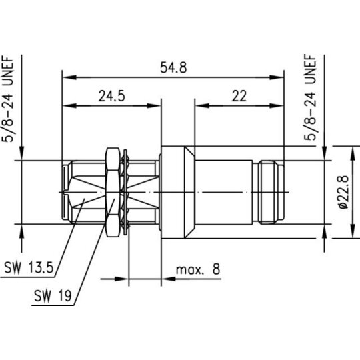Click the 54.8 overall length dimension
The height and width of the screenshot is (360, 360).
coord(173,68)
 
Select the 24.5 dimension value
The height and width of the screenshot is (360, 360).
coord(112,96)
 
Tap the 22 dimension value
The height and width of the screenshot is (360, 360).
coord(239,96)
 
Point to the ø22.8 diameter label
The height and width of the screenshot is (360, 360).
coord(344,192)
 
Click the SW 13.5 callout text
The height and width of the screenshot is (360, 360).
coord(29,268)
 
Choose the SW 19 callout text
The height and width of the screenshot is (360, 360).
coord(53,295)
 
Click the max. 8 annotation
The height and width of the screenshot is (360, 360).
coord(198,269)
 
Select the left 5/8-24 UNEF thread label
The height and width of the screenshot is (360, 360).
coord(8,99)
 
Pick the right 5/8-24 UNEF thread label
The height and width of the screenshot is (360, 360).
coord(310,97)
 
